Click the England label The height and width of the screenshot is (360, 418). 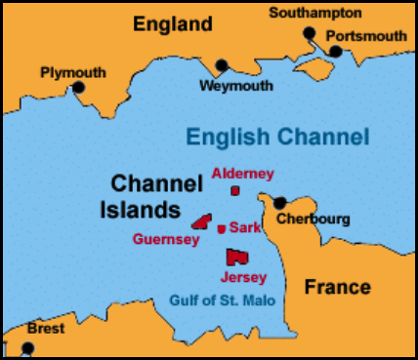(x=173, y=23)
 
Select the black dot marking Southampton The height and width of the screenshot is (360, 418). (x=310, y=32)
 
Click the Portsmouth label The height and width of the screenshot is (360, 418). (x=365, y=35)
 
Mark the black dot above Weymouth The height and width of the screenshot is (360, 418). (x=222, y=66)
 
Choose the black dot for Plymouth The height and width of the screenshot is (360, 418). (x=79, y=88)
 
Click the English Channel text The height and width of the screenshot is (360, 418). (x=278, y=136)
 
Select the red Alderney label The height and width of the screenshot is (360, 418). (x=242, y=174)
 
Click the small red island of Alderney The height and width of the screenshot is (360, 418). (x=234, y=190)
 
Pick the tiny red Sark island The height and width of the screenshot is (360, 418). (x=222, y=228)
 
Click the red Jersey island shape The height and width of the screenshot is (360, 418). (x=235, y=257)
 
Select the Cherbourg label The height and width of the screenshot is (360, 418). (x=313, y=219)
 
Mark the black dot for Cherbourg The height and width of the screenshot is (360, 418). (x=280, y=203)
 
